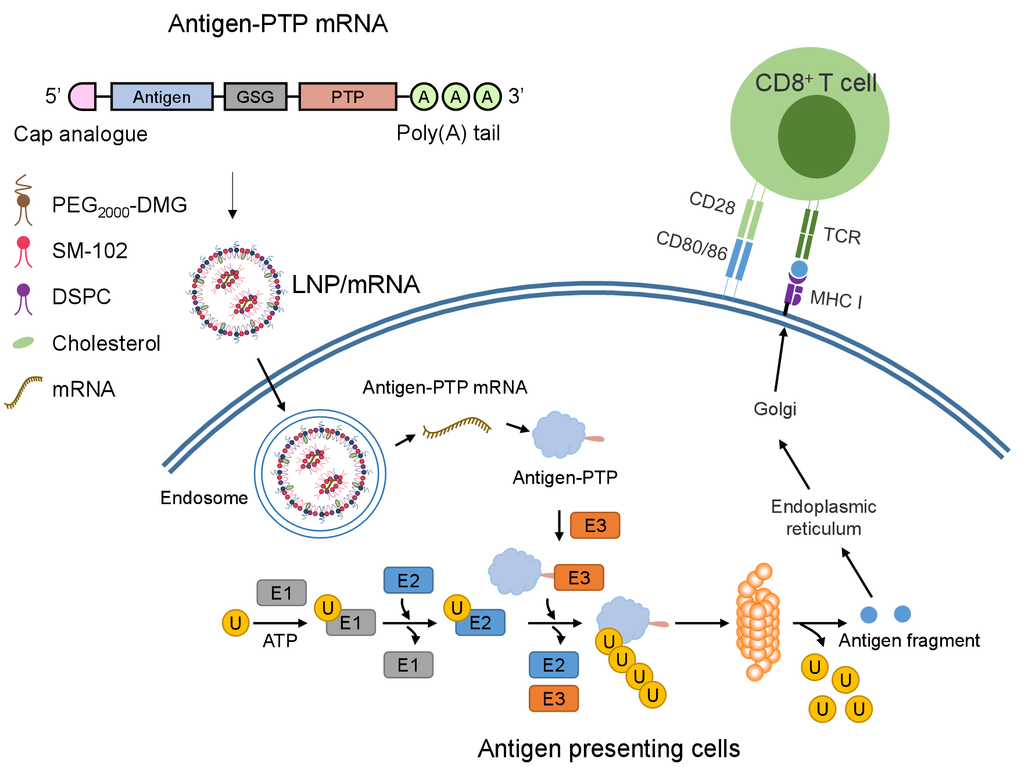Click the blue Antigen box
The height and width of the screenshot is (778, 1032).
pos(162,97)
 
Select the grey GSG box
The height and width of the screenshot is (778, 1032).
pos(255,97)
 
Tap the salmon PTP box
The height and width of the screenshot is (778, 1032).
pos(347,97)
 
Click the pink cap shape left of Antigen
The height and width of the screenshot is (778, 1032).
pos(83,97)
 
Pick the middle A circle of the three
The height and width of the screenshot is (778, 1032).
pos(456,97)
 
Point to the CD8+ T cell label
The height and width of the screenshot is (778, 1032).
pos(815,83)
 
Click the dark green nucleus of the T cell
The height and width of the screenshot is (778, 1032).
pos(816,137)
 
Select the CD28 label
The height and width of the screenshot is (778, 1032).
pos(712,203)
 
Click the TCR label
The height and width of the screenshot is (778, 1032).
pos(842,236)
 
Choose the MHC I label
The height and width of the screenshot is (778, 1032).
pos(836,299)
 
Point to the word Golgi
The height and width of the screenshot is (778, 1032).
pos(775,409)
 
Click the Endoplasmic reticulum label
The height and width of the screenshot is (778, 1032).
pos(823,518)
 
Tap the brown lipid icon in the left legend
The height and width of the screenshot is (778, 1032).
pos(23,200)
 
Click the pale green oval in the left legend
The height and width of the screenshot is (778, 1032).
pos(23,342)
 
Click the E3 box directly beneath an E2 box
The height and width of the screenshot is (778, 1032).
pos(553,698)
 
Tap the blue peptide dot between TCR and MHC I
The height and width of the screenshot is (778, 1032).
pos(800,269)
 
